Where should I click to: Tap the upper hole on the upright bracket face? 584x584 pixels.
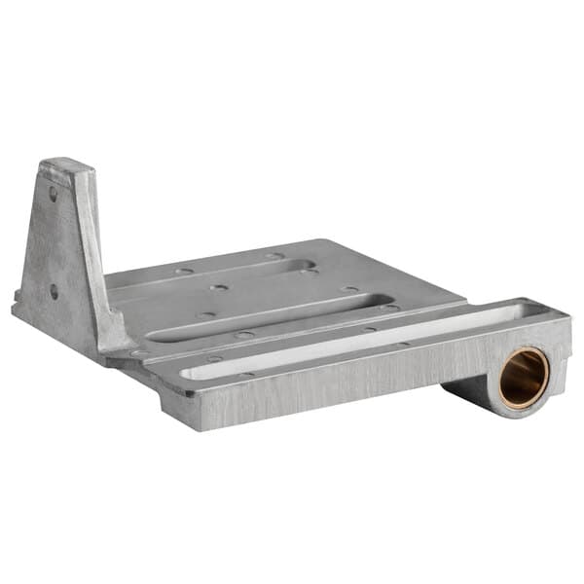53,195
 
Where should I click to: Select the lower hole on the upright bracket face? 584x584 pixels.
54,290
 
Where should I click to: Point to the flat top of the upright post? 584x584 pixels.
67,164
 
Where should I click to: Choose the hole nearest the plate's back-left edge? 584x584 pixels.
183,271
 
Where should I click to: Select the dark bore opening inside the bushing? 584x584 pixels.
527,379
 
